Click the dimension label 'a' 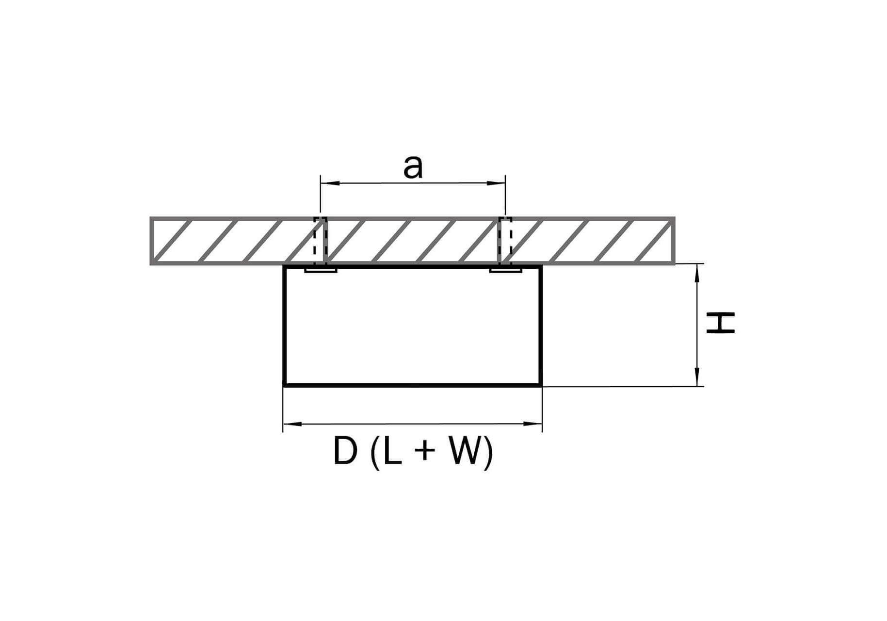(x=413, y=168)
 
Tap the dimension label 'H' (x=721, y=323)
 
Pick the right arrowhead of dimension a (x=496, y=183)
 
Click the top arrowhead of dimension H (x=697, y=273)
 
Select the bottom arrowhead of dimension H (x=697, y=377)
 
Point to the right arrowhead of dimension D (x=532, y=424)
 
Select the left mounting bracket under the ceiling (x=321, y=269)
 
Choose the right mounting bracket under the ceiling (x=505, y=269)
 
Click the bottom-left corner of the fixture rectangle (x=285, y=385)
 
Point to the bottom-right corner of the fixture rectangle (x=541, y=385)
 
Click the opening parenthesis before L (x=375, y=453)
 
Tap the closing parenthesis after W (x=488, y=453)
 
